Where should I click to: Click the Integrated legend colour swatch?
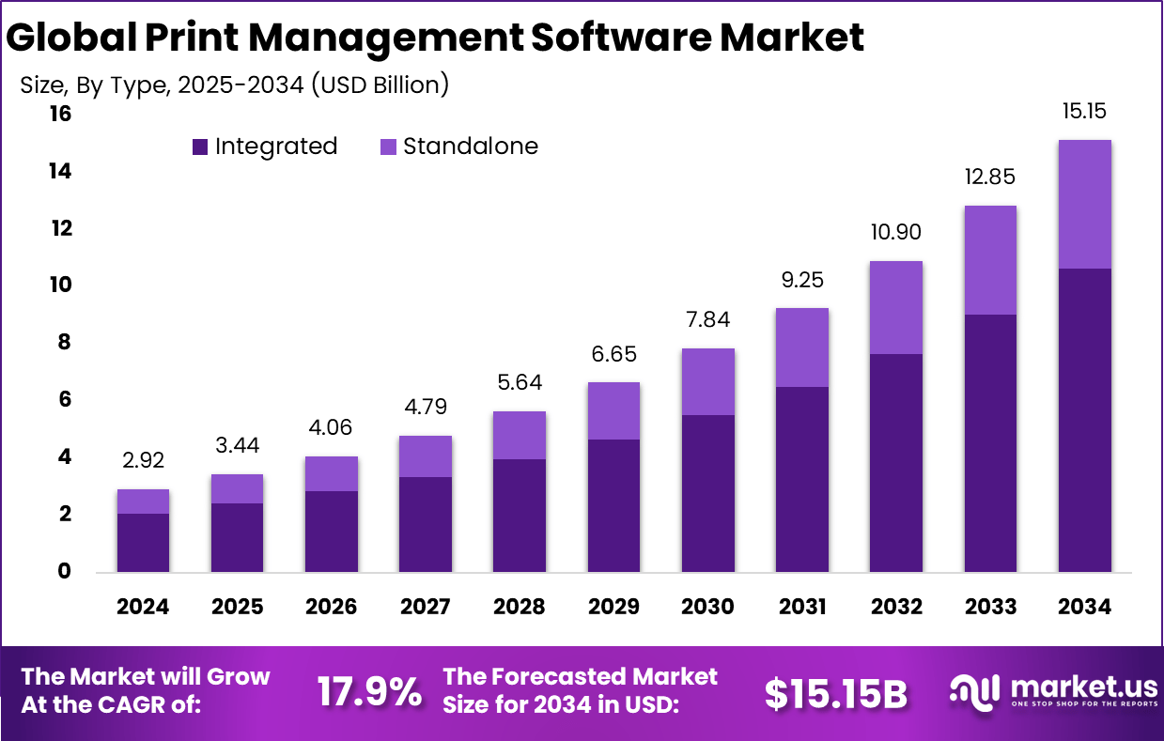click(199, 147)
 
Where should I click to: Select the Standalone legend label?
click(471, 147)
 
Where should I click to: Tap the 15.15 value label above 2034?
click(1084, 111)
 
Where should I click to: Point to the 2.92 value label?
click(144, 461)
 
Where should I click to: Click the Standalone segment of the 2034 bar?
click(1084, 204)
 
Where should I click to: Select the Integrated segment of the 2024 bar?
click(144, 543)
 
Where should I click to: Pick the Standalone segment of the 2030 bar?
click(707, 381)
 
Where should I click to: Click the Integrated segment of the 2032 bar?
click(895, 463)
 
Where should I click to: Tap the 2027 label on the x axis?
click(426, 607)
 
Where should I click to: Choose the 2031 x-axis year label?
click(801, 607)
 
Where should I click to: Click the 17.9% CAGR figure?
click(368, 693)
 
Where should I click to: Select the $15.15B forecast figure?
click(835, 693)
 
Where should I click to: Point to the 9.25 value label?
click(801, 280)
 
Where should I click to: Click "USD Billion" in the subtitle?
click(380, 85)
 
